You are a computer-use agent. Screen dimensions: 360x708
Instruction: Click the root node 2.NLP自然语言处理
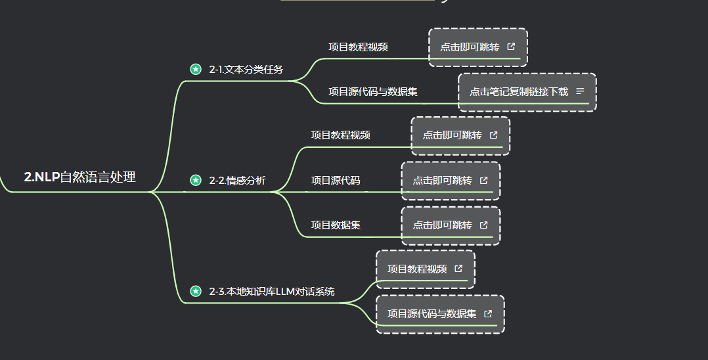tap(79, 177)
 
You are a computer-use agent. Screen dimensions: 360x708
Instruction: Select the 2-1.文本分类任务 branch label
tap(246, 69)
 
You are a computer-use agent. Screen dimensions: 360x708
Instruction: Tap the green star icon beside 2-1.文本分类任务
tap(195, 69)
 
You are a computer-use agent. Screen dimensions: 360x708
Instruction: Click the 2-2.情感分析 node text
tap(237, 180)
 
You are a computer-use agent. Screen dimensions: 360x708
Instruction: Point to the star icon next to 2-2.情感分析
tap(195, 180)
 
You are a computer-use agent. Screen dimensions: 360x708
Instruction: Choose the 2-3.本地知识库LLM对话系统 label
tap(271, 291)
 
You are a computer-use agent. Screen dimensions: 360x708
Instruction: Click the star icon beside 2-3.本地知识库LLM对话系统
tap(195, 291)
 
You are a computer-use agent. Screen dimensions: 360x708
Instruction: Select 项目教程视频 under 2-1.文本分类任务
tap(358, 47)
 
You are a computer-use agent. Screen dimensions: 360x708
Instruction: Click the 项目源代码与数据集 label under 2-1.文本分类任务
tap(372, 92)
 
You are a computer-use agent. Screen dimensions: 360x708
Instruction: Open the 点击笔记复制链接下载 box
tap(519, 92)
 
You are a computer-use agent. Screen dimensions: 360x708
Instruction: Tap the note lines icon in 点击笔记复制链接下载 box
tap(580, 91)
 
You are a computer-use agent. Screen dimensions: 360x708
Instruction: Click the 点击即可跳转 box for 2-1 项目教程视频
tap(470, 47)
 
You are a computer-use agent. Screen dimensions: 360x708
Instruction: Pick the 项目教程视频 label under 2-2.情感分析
tap(340, 135)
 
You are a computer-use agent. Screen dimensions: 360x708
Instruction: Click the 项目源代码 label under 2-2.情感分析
tap(335, 180)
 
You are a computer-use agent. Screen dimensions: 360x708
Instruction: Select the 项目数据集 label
tap(335, 225)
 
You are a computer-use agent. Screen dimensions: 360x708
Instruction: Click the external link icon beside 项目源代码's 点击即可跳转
tap(484, 180)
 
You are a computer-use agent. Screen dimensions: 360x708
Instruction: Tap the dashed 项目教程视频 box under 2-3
tap(417, 269)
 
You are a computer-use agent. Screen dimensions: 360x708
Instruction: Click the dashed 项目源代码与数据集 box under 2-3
tap(431, 314)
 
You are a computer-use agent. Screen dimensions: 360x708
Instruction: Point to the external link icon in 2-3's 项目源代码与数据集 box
tap(488, 314)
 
